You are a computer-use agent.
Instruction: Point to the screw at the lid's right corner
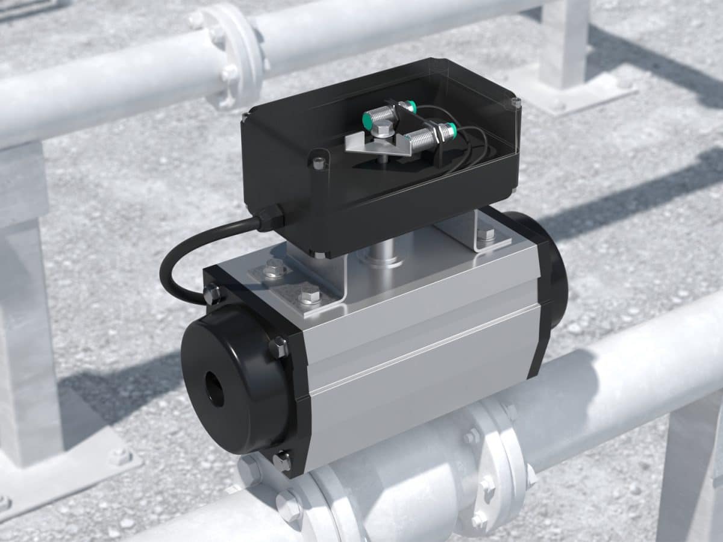pyautogui.click(x=516, y=103)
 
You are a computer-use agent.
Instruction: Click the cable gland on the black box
pyautogui.click(x=270, y=217)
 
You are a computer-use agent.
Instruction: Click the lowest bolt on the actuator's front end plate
pyautogui.click(x=282, y=461)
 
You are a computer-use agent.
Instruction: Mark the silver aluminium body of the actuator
pyautogui.click(x=416, y=349)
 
